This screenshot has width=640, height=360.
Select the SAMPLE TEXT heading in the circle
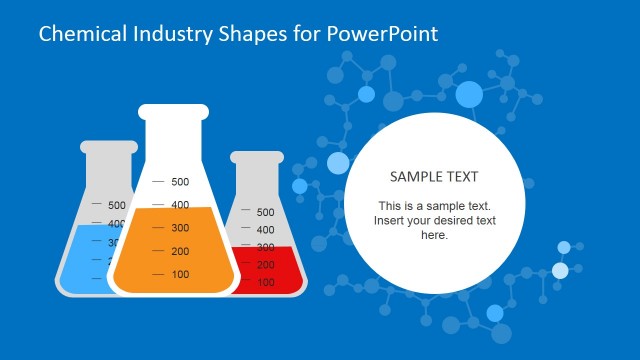click(434, 176)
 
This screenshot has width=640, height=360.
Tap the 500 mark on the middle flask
click(180, 182)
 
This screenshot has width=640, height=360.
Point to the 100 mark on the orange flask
click(180, 275)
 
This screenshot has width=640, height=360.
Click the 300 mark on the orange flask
click(180, 228)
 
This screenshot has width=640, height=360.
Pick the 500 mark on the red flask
click(265, 212)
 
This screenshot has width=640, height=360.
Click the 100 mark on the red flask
click(265, 283)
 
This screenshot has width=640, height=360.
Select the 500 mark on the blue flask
click(117, 205)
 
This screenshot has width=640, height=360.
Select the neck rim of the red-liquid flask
click(257, 157)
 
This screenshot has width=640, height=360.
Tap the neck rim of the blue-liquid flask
click(108, 147)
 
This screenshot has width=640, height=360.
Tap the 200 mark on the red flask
click(265, 265)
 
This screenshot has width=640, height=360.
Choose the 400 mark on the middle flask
click(180, 205)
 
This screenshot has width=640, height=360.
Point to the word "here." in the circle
click(434, 235)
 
